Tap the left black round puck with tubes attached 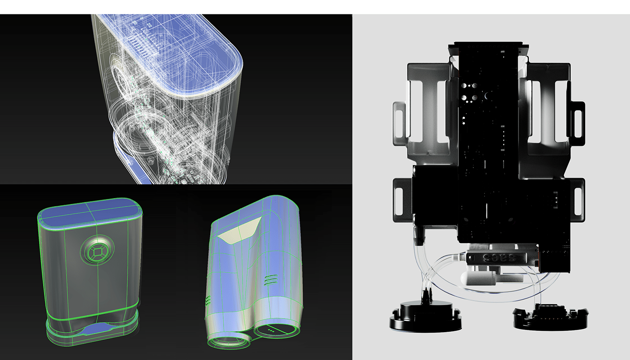pos(425,315)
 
